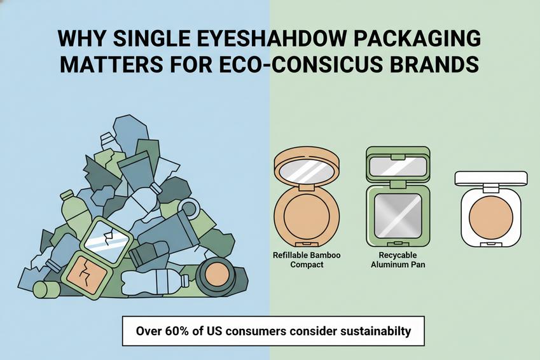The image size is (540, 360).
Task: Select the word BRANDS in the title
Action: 443,65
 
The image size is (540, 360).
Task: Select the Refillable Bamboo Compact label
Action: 306,260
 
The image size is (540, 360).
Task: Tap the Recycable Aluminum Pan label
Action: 398,260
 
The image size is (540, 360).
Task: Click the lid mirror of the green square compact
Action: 398,166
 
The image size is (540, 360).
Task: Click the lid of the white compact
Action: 490,178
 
